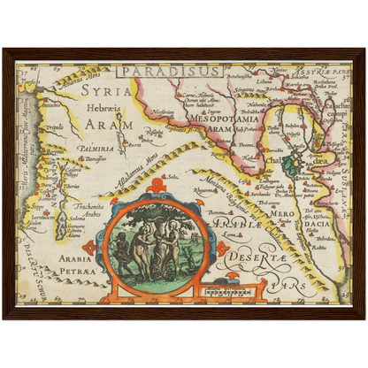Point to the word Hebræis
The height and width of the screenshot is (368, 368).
[103, 106]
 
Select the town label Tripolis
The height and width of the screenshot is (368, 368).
[56, 126]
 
